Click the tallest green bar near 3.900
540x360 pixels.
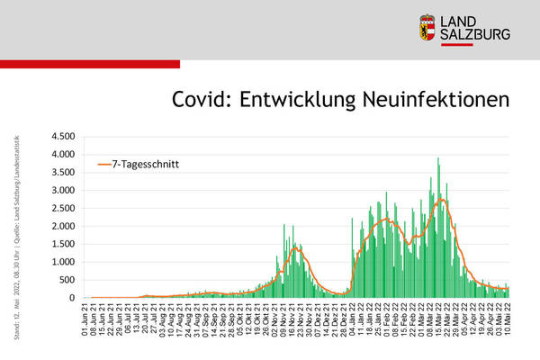tap(438, 159)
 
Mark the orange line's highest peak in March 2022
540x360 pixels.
tap(441, 200)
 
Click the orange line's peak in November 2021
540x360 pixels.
tap(295, 247)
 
